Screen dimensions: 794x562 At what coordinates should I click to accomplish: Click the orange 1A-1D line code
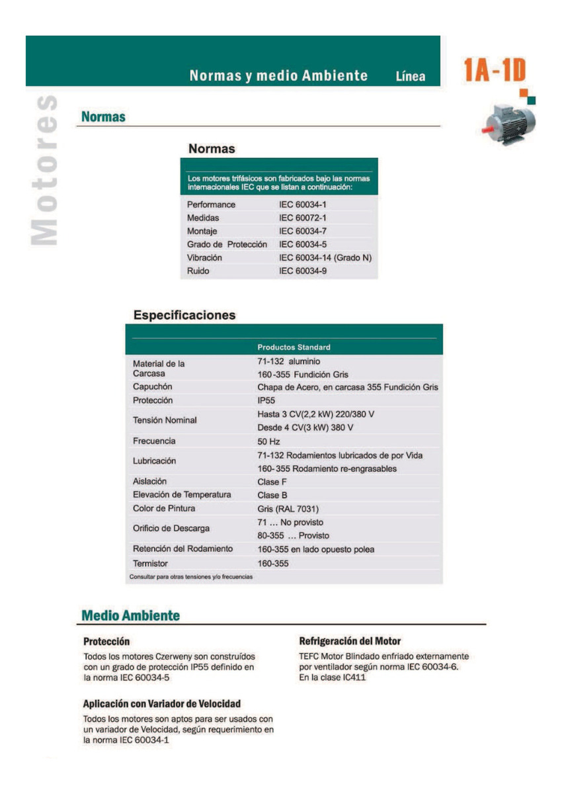coord(495,71)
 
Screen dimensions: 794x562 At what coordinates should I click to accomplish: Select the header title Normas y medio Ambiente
coord(278,75)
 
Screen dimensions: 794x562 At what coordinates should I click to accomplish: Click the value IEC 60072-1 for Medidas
coord(303,218)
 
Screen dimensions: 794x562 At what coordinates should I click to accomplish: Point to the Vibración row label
coord(204,257)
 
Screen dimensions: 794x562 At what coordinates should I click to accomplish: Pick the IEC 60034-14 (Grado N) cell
coord(325,257)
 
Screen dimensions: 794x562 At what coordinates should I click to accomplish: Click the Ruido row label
coord(198,271)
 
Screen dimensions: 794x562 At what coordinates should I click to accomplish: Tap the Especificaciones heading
coord(184,315)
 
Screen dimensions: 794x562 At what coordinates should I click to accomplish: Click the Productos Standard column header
coord(294,347)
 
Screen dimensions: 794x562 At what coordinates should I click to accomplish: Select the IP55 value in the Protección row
coord(266,400)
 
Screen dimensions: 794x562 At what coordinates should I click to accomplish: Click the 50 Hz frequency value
coord(268,441)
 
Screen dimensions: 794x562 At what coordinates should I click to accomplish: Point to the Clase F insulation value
coord(272,481)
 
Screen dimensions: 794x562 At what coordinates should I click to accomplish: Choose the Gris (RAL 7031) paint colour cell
coord(288,508)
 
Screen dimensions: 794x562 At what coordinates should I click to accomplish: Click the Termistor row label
coord(150,563)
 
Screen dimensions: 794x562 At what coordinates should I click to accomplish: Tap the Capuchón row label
coord(152,386)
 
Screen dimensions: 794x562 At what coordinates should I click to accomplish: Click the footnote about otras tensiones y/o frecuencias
coord(191,576)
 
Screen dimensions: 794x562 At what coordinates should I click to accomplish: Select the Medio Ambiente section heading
coord(130,615)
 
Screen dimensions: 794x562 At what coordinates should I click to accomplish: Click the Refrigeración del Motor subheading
coord(350,641)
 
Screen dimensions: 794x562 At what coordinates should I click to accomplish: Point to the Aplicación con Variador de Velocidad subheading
coord(161,703)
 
